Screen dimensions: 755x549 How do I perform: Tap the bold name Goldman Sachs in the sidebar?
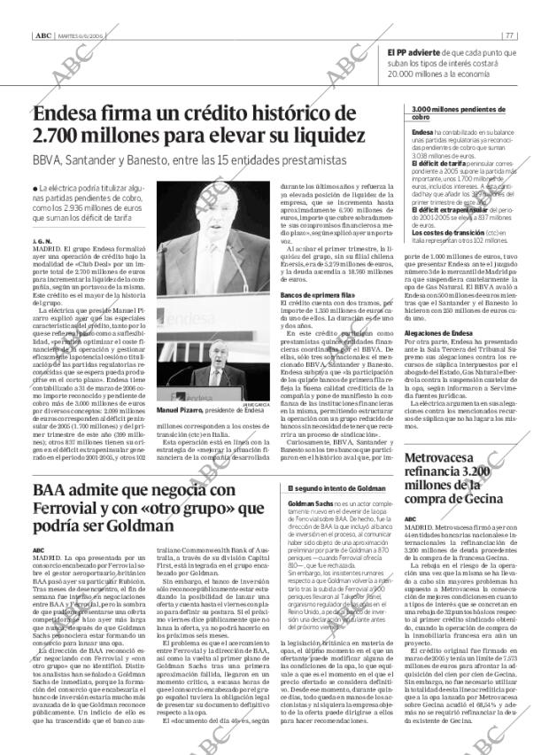pos(308,503)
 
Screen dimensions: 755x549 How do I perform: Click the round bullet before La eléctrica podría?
pos(34,190)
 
